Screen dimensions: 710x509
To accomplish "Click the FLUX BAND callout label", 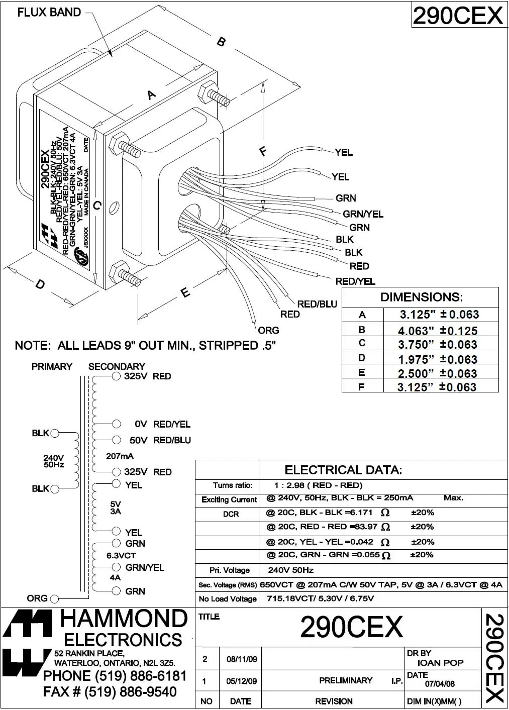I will [49, 12].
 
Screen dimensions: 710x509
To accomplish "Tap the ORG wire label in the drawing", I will [268, 331].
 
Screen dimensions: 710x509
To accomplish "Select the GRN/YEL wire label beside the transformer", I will [363, 214].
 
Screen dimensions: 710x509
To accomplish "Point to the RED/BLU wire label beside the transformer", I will [317, 304].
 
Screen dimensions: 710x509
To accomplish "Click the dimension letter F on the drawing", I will [263, 151].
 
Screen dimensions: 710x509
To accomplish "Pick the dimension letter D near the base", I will [40, 284].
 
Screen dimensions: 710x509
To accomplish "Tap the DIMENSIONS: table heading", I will [421, 297].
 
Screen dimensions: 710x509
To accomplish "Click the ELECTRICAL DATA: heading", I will [343, 470].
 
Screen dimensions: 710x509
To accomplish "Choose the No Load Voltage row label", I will [228, 598].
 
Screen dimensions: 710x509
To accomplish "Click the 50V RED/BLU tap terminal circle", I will [117, 440].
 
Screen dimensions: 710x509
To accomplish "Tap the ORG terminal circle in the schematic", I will [55, 598].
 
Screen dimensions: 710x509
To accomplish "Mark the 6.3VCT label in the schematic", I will [121, 556].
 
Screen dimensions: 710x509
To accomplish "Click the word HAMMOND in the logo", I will [124, 619].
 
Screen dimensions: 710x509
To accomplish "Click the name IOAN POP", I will [440, 663].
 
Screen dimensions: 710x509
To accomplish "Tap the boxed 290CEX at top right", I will [457, 16].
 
